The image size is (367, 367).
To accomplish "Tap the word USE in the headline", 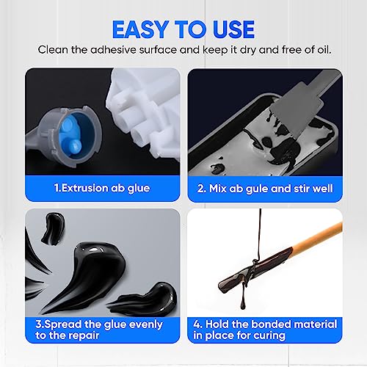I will pos(230,29).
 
